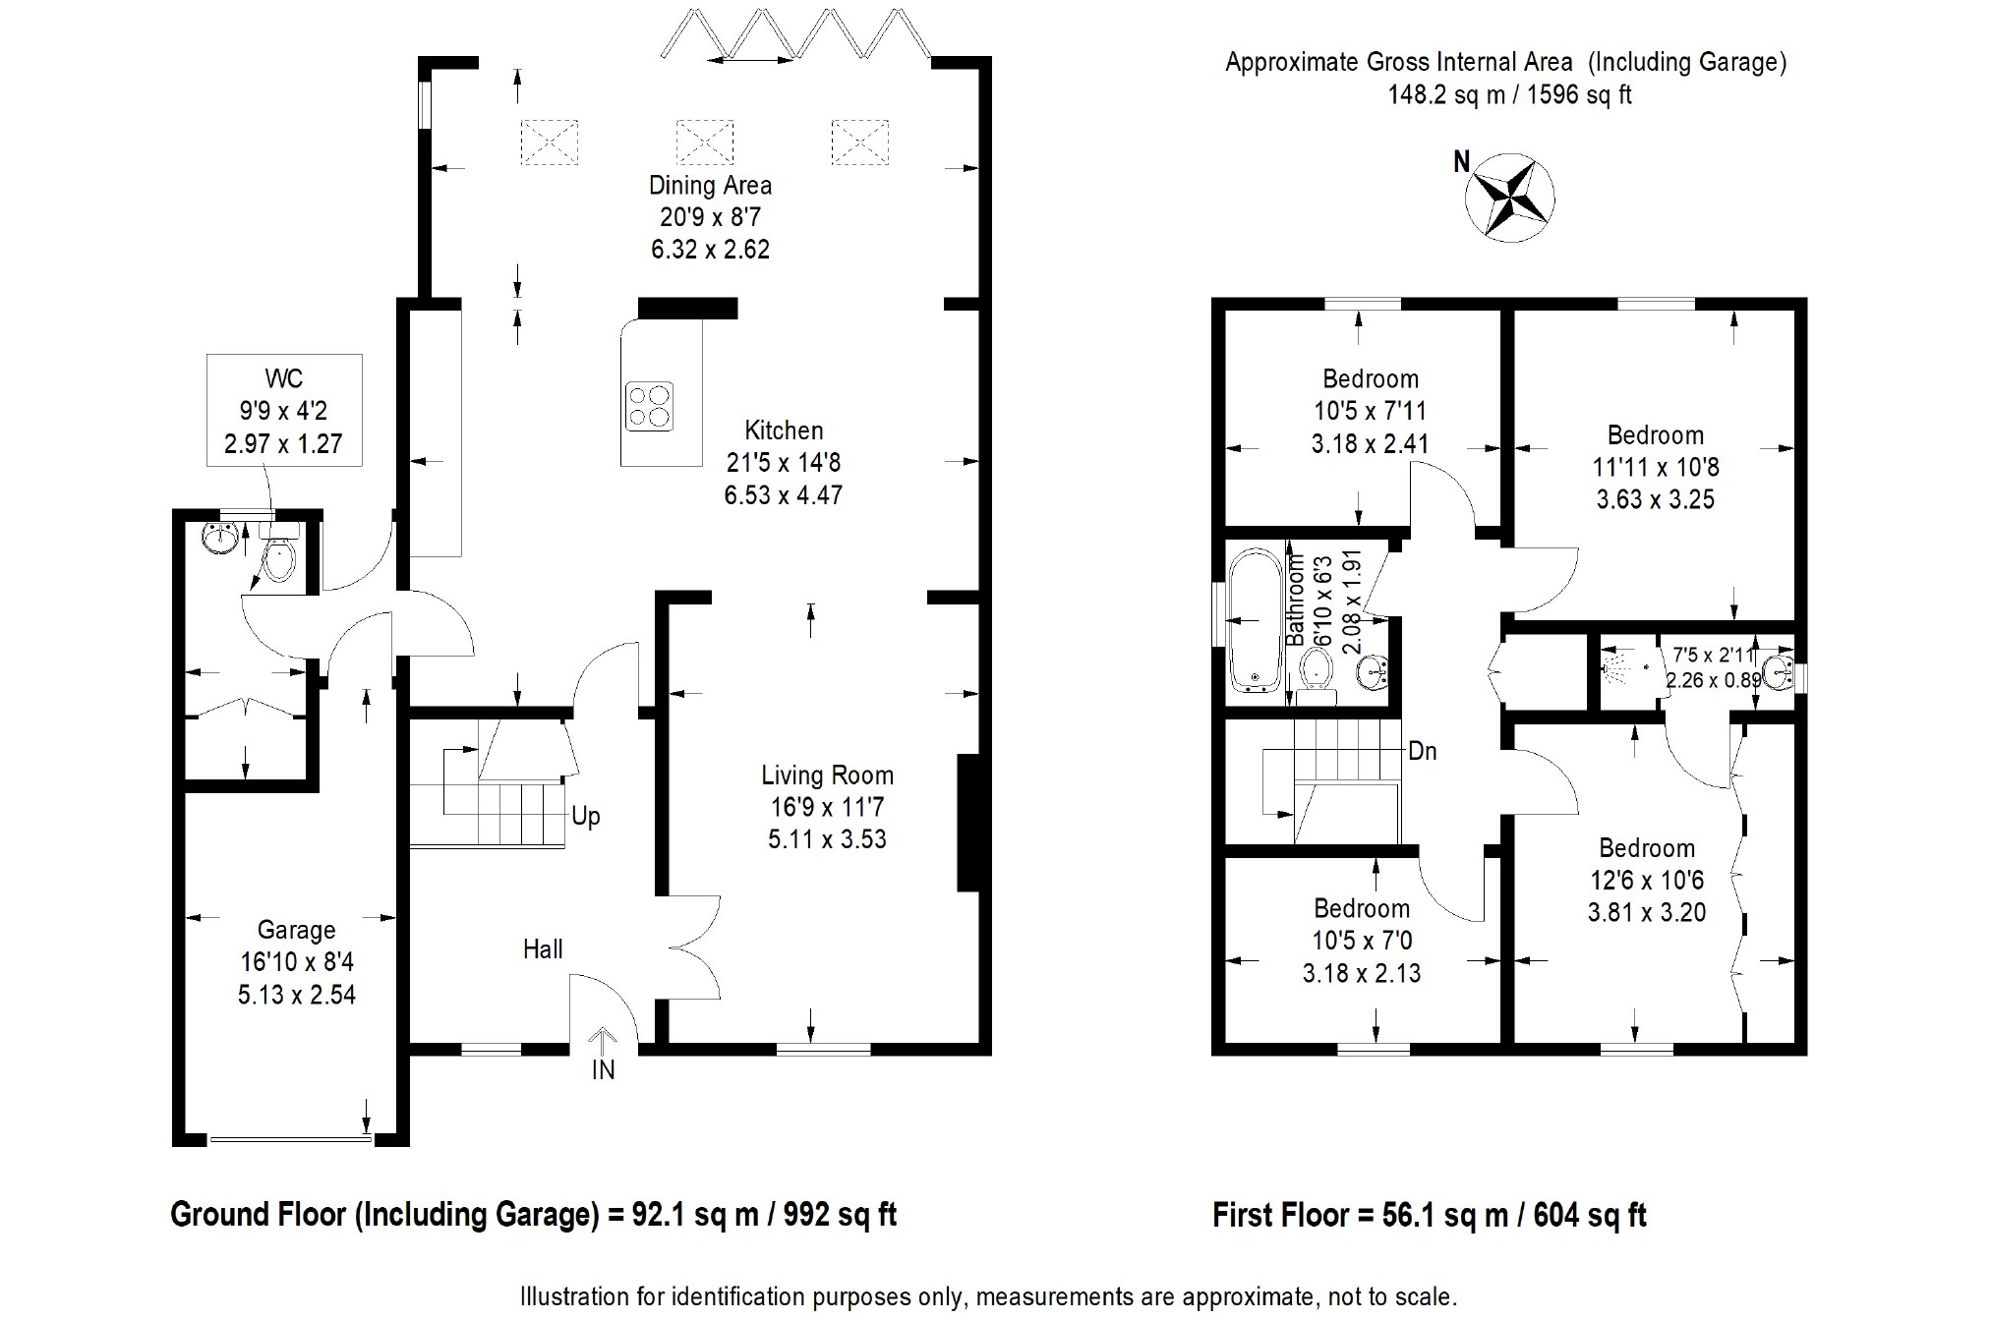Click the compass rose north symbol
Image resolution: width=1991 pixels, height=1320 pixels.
pyautogui.click(x=1509, y=197)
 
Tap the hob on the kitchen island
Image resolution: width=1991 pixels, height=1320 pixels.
pyautogui.click(x=650, y=405)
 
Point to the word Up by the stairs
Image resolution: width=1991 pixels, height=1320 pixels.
pyautogui.click(x=586, y=817)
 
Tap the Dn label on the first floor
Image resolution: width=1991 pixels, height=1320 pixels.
pyautogui.click(x=1423, y=752)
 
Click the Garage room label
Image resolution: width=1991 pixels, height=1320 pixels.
pyautogui.click(x=296, y=930)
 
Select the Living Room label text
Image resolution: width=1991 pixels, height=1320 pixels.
pyautogui.click(x=827, y=775)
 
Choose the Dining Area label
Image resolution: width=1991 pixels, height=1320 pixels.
pyautogui.click(x=710, y=185)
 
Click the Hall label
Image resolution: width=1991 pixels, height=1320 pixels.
pyautogui.click(x=543, y=949)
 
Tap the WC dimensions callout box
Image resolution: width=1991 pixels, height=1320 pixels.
pyautogui.click(x=284, y=410)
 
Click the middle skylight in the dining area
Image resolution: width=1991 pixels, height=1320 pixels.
pyautogui.click(x=705, y=142)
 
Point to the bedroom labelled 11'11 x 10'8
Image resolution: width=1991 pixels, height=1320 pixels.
pyautogui.click(x=1656, y=467)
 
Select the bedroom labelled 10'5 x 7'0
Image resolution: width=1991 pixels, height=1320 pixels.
pyautogui.click(x=1362, y=941)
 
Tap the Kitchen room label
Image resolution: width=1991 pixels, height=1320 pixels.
pyautogui.click(x=784, y=430)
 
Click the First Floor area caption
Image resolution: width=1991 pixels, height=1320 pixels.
pyautogui.click(x=1430, y=1215)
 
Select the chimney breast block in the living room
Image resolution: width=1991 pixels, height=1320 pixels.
pyautogui.click(x=969, y=823)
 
